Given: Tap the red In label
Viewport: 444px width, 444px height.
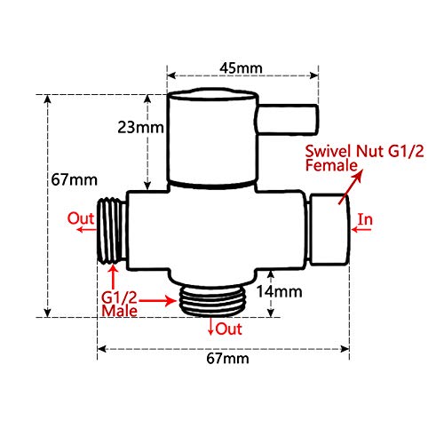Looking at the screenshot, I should (366, 217).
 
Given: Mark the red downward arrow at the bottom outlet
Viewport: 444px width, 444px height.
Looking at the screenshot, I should (211, 329).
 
